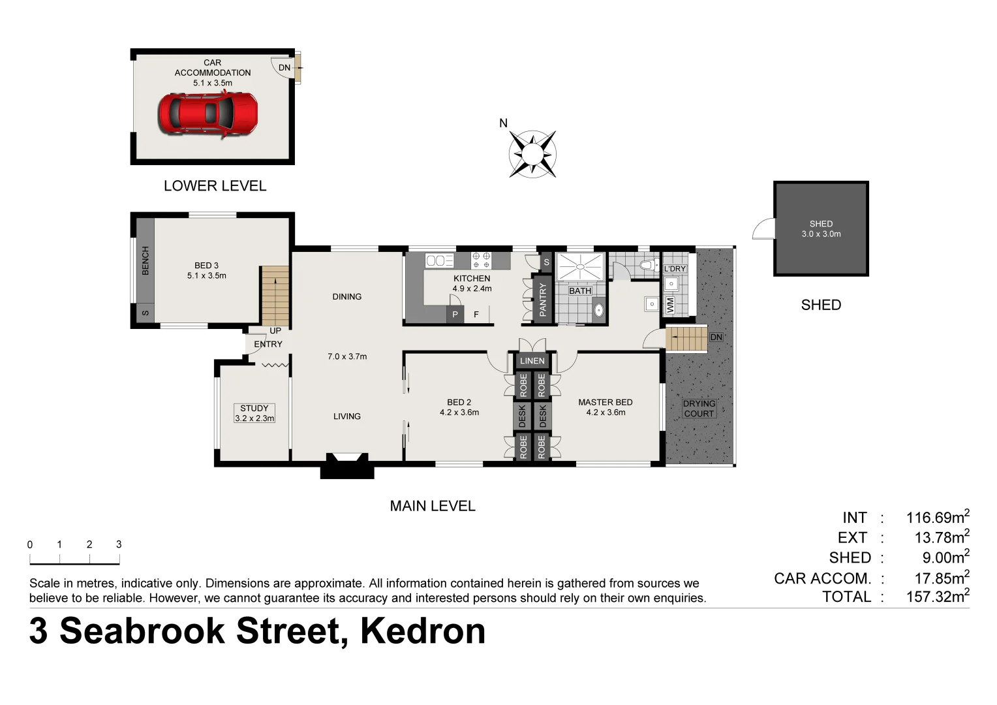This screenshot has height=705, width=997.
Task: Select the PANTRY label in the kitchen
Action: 542,300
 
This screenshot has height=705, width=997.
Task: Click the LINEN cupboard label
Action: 532,361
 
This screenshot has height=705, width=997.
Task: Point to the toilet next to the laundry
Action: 648,265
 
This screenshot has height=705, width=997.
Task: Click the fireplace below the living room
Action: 346,465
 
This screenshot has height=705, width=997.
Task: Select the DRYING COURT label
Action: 699,409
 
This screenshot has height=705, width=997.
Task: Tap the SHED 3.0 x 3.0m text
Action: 821,228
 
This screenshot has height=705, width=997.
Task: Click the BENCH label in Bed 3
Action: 146,260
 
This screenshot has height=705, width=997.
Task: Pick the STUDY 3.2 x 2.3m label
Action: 254,413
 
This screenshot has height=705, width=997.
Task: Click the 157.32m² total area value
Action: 937,596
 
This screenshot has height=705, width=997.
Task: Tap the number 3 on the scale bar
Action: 119,544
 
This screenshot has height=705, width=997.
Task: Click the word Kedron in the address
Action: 423,631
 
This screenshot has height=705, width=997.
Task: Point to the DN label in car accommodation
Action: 284,68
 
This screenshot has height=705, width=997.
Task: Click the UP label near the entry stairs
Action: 275,331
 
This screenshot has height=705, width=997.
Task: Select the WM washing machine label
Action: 670,305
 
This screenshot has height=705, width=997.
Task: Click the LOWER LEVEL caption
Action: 215,186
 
